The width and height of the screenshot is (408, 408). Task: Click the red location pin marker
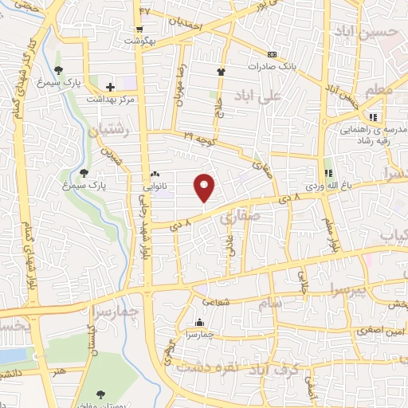206,186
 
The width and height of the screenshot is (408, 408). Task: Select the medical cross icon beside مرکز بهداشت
110,85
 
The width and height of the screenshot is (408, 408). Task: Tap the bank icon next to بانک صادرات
273,54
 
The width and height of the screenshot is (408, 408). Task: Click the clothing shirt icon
220,72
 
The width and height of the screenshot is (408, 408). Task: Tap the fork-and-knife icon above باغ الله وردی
327,173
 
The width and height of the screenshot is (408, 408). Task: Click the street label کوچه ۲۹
200,139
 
